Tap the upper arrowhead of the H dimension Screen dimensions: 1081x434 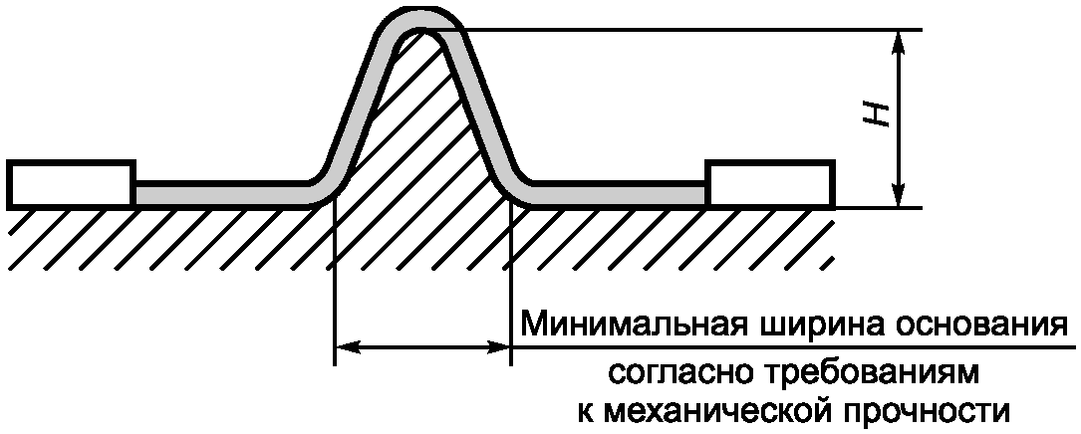(900, 40)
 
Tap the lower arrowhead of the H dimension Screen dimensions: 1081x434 (900, 198)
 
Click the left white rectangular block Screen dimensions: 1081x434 (71, 183)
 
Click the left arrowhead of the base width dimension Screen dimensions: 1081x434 (344, 347)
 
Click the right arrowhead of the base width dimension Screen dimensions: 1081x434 (500, 347)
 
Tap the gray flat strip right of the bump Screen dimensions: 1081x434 (618, 193)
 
